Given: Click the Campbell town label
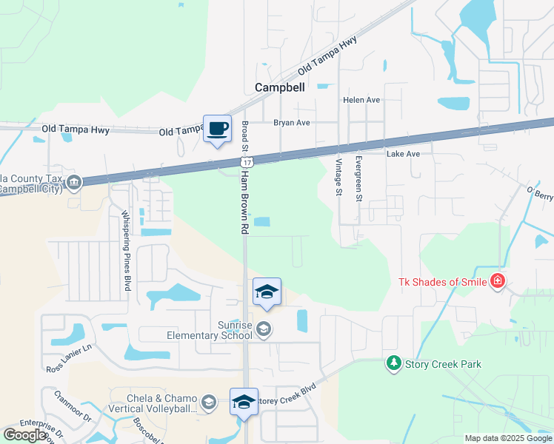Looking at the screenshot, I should tap(279, 87).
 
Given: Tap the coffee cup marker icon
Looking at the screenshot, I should tap(217, 129).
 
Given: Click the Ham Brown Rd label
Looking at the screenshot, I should tap(243, 200).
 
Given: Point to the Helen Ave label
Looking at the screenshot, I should tap(361, 100).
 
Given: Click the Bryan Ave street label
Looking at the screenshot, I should tap(291, 123).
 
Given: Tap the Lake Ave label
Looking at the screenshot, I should tap(403, 154).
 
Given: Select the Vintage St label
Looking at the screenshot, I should tap(338, 177).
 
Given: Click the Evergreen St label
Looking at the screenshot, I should tap(358, 178).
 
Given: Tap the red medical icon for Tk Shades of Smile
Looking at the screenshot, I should tap(497, 281).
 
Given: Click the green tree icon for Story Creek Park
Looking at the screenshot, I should tap(393, 363).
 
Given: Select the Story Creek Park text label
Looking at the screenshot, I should tap(442, 364).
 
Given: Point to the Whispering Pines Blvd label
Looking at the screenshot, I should tap(127, 250).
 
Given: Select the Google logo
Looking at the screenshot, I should tap(25, 435).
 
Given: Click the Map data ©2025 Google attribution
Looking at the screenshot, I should tap(508, 438).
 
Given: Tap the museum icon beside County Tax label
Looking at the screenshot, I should tap(73, 182).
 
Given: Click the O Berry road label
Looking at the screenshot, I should tap(541, 194).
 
